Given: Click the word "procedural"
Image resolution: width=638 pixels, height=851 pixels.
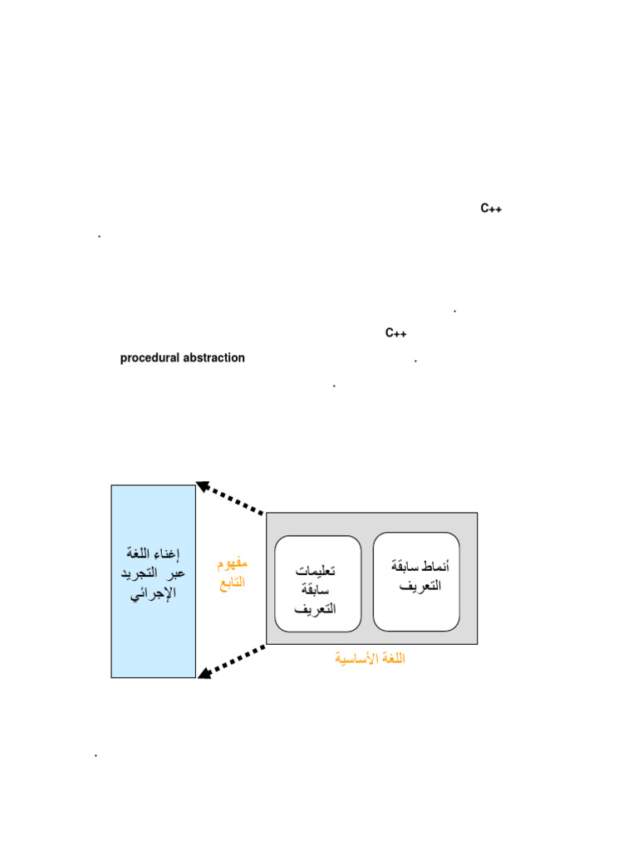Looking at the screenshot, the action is pos(150,358).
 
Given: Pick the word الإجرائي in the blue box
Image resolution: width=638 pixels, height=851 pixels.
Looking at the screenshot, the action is pos(154,594).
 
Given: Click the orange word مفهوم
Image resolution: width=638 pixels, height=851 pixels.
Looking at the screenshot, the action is pos(233,564).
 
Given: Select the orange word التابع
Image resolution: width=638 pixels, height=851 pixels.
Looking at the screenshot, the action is pos(233,583).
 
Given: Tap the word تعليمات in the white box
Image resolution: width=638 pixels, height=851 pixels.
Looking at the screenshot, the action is pos(316,572).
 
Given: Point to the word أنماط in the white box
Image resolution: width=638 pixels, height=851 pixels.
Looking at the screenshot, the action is pos(433,567).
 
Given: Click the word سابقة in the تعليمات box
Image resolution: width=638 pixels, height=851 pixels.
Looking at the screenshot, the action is pos(316,590).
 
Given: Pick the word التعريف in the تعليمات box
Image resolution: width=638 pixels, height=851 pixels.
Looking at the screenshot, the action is pos(316,608).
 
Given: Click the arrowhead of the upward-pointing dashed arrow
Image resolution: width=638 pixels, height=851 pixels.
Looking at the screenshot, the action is pos(202,485).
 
